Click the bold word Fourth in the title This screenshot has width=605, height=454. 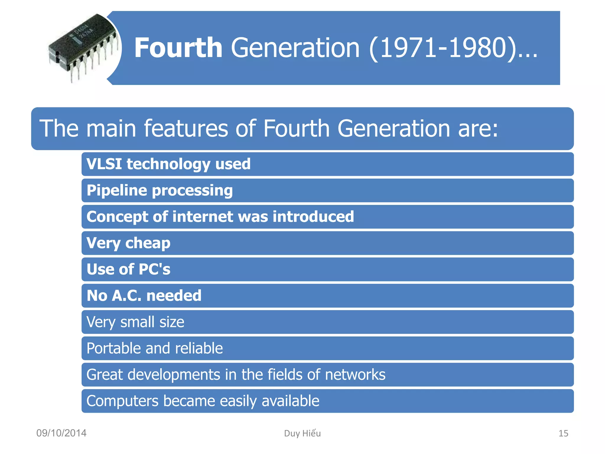[x=178, y=48]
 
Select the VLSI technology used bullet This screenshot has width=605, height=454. [x=168, y=164]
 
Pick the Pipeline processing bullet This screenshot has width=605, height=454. [x=160, y=190]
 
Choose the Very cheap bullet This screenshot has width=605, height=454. [x=128, y=243]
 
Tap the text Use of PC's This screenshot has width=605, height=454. [x=128, y=269]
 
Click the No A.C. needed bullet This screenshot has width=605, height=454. [x=144, y=296]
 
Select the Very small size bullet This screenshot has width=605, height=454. [x=135, y=322]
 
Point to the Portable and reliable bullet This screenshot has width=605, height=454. [x=154, y=348]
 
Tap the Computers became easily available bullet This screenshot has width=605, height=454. [x=203, y=401]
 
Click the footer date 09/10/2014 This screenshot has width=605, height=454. [x=61, y=433]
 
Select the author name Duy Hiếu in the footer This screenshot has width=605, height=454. [x=302, y=433]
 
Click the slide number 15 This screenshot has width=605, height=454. [x=563, y=433]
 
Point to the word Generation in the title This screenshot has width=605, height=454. [x=295, y=48]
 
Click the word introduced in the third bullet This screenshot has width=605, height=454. [x=313, y=217]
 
